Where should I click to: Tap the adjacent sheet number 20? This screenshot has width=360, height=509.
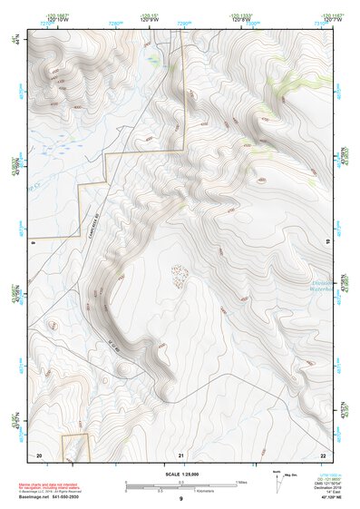[39, 453]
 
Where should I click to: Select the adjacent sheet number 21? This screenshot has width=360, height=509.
[181, 453]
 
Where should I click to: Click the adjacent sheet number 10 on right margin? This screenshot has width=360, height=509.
[327, 240]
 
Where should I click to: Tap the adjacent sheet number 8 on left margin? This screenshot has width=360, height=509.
[33, 242]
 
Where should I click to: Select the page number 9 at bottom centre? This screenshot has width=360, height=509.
[181, 500]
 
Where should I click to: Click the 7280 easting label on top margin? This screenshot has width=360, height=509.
[115, 21]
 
